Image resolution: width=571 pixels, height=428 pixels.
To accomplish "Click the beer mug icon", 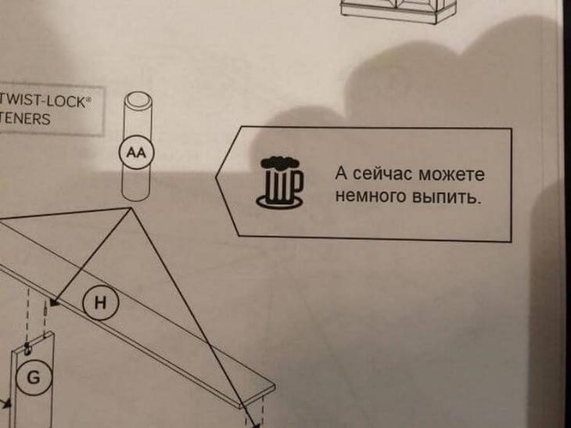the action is (279, 182).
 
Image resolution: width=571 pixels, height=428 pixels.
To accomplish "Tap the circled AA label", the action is (137, 153).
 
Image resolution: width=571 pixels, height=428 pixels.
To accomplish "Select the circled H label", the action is (100, 302).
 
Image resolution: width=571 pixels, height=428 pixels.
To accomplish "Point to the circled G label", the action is (34, 377).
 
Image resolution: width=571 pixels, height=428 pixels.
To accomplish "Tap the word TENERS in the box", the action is (25, 119).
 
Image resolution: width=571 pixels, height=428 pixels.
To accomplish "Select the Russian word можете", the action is (451, 174).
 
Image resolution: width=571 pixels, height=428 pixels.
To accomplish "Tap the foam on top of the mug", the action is (278, 163).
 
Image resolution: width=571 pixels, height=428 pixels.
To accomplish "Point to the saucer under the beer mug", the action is (279, 202).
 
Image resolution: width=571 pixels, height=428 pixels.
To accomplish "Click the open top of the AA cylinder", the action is (138, 99).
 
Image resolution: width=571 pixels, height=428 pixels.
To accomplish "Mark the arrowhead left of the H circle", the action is (55, 302).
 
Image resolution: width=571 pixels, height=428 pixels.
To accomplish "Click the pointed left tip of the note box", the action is (216, 178).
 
